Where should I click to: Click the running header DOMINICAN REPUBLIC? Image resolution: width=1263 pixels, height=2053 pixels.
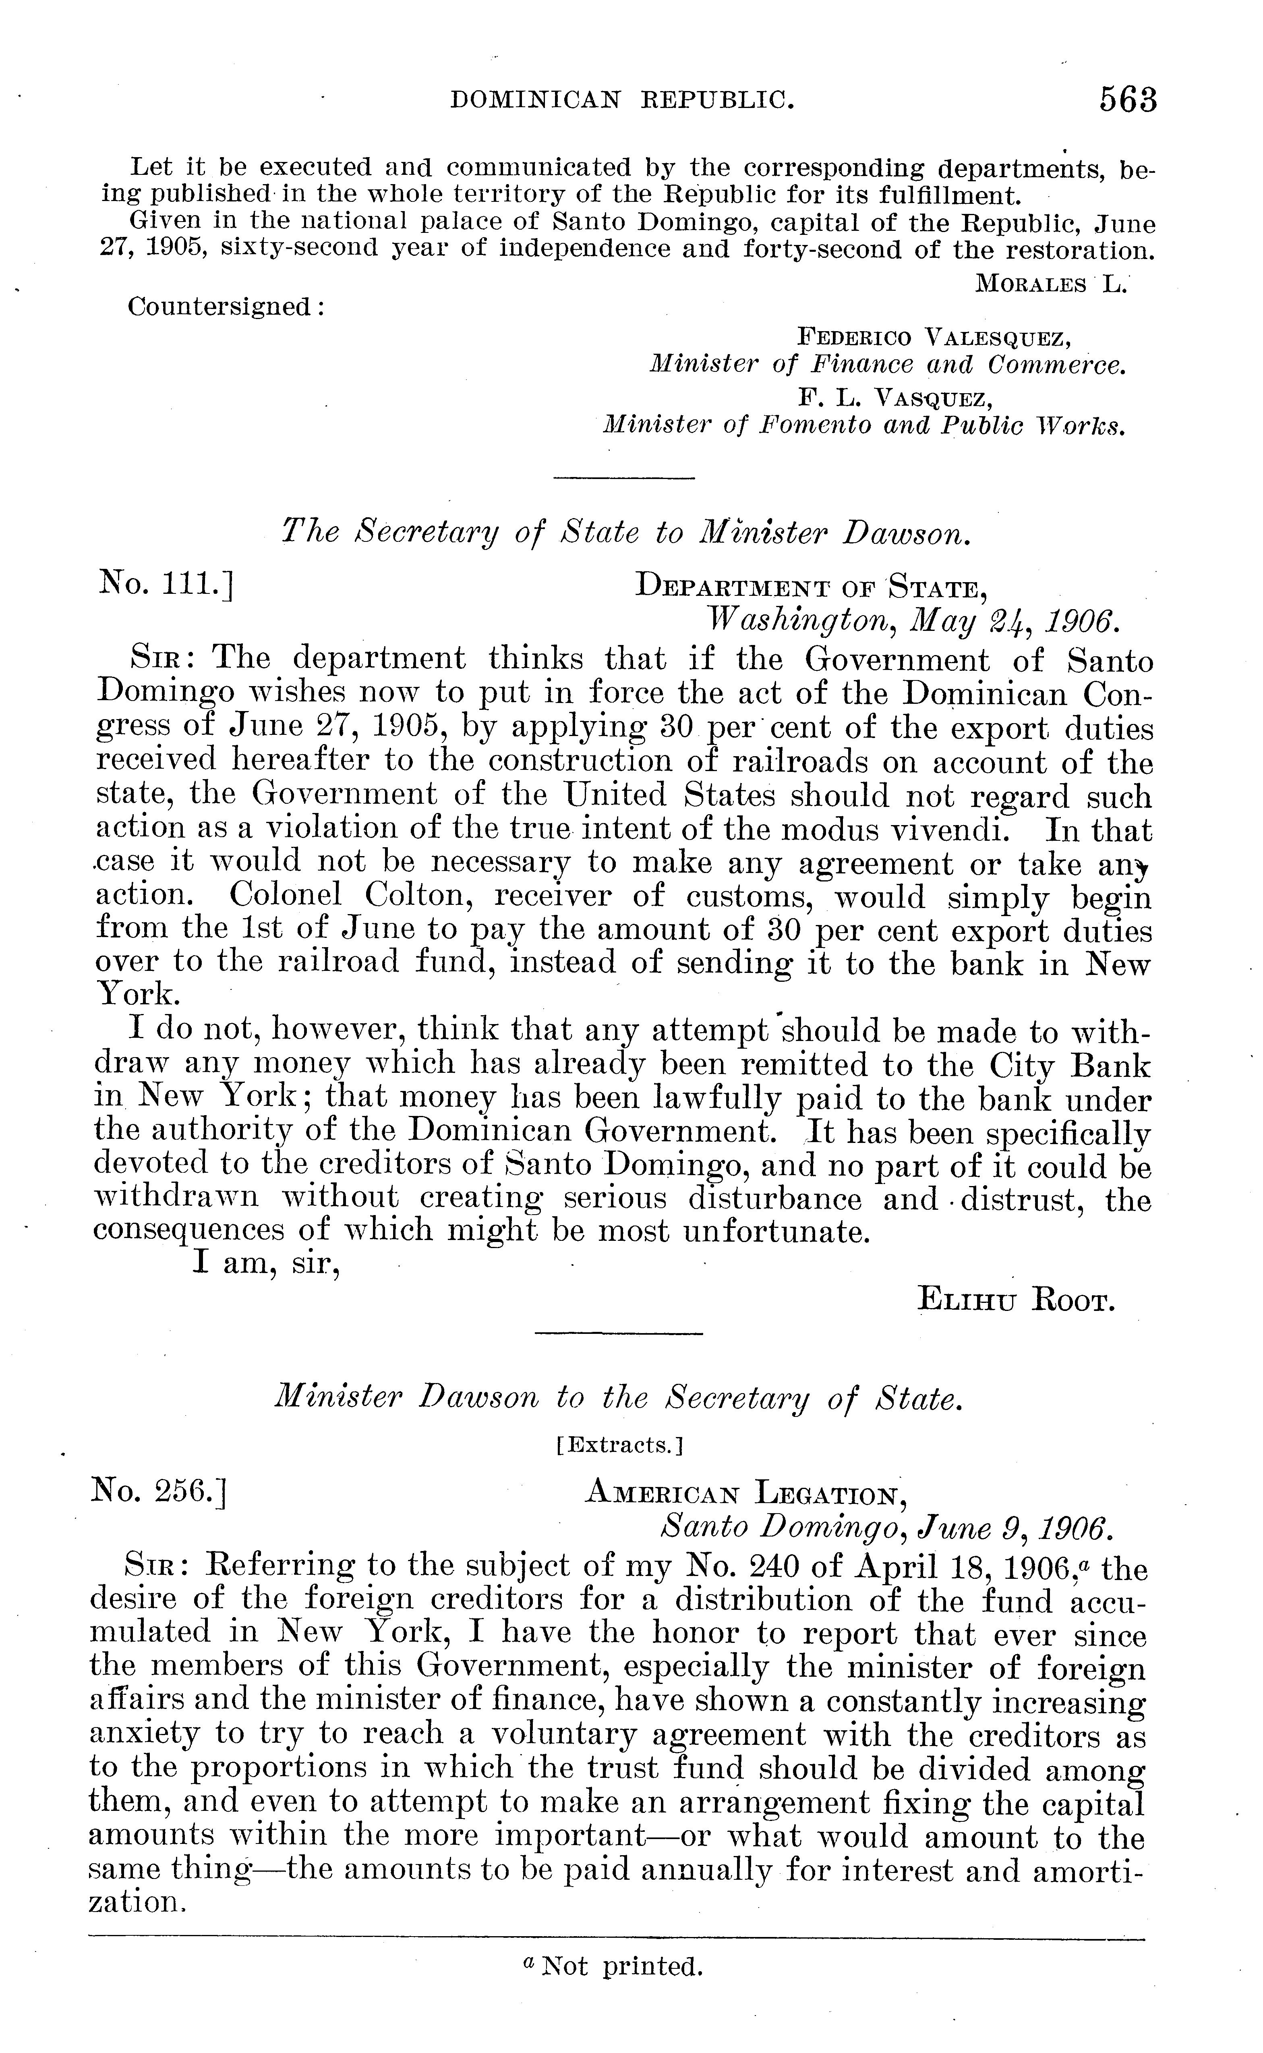(x=621, y=101)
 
